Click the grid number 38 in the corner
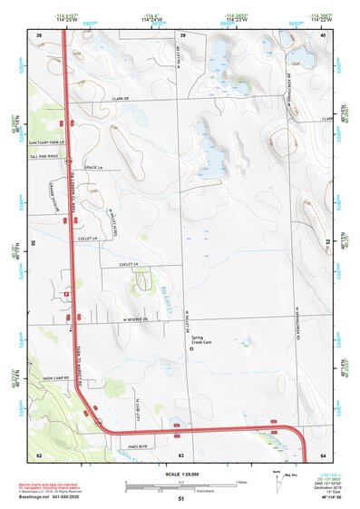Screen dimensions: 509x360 pyautogui.click(x=39, y=35)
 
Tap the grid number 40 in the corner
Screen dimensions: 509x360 pyautogui.click(x=324, y=35)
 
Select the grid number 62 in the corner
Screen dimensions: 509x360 pyautogui.click(x=39, y=454)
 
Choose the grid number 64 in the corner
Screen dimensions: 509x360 pyautogui.click(x=324, y=454)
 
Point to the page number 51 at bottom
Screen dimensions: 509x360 pyautogui.click(x=180, y=499)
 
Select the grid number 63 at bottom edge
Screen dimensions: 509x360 pyautogui.click(x=180, y=454)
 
